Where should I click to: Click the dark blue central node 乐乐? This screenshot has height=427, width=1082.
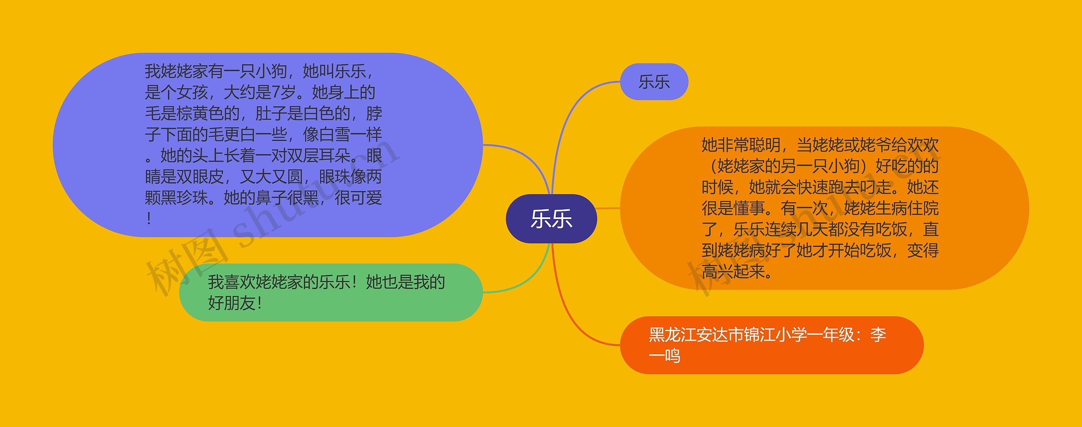551,219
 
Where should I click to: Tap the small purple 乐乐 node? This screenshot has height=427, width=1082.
654,82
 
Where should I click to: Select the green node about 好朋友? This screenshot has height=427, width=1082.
331,292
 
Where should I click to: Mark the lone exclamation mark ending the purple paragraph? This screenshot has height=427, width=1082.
149,219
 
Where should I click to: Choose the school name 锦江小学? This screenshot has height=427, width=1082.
776,335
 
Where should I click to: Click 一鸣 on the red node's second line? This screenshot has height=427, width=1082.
664,356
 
